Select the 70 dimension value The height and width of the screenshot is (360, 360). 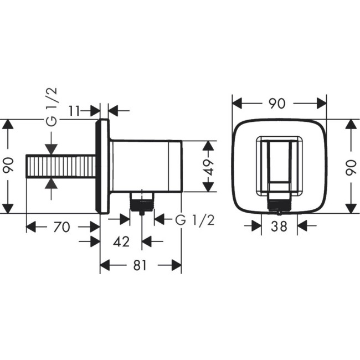pos(62,227)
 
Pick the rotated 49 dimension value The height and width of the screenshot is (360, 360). pos(208,166)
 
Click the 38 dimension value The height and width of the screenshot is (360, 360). pos(279,226)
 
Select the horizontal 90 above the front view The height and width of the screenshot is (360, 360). pos(279,104)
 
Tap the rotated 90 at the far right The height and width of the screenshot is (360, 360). pos(350,166)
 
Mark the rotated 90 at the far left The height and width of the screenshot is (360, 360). pos(8,166)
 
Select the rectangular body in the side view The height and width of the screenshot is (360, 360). pos(147,166)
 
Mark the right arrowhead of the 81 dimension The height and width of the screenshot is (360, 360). pos(176,266)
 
